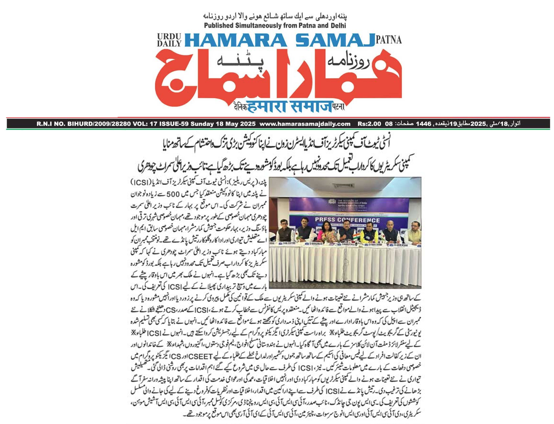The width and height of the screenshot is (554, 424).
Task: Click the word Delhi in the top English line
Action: [x=337, y=26]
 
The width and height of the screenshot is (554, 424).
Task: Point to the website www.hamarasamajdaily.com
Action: [x=305, y=124]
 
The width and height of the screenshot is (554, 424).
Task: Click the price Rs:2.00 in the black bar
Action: [x=369, y=124]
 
